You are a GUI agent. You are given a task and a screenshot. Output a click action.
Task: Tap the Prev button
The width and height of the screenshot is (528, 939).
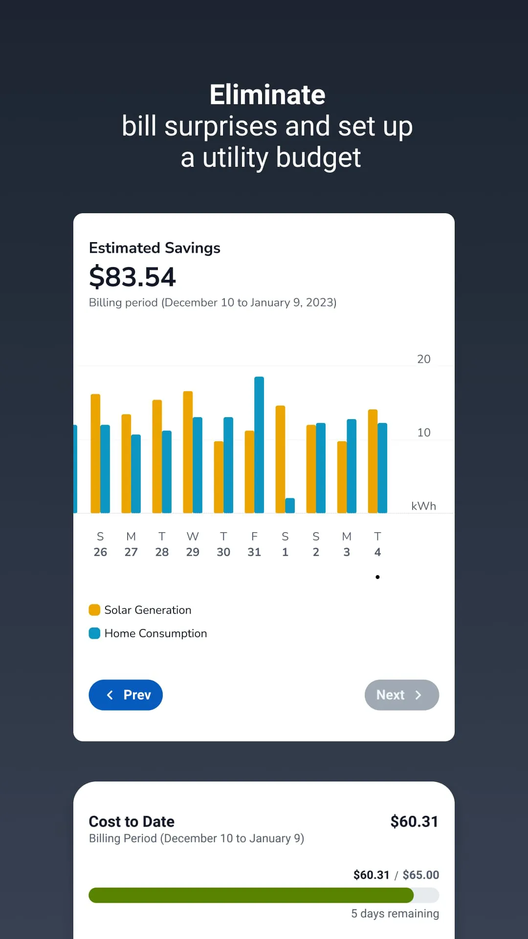tap(126, 695)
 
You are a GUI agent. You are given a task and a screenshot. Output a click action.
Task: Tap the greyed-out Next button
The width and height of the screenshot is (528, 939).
tap(401, 695)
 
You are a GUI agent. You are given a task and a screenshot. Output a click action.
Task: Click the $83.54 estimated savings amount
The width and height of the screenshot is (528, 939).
tap(132, 277)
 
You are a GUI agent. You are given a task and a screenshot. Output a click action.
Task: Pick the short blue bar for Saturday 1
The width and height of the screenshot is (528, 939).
tap(290, 505)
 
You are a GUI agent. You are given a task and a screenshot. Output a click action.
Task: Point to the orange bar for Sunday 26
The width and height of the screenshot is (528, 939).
tap(95, 453)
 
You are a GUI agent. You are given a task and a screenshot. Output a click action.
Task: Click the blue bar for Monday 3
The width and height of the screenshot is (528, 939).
tap(352, 466)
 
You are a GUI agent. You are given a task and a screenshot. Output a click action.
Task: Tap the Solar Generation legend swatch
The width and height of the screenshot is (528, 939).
tap(94, 610)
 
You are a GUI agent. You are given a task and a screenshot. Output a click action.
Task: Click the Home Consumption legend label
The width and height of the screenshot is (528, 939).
tap(155, 633)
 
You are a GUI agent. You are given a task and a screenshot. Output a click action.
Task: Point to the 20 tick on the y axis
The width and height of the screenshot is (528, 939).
tap(423, 359)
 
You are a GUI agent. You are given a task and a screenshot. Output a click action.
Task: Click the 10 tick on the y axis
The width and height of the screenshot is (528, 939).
tap(423, 432)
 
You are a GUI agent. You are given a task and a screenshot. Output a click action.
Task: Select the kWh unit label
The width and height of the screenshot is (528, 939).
tap(423, 506)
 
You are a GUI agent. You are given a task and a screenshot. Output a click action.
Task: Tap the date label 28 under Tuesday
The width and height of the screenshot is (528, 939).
tap(162, 552)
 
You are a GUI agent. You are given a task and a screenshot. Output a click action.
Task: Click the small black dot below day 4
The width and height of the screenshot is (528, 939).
tap(377, 577)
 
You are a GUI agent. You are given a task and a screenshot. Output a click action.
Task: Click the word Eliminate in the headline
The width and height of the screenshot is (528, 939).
tap(267, 94)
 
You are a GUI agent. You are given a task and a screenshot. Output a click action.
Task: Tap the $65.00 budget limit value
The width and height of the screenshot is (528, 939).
tap(420, 874)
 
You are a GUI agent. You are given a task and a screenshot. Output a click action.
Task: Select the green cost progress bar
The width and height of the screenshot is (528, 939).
tap(251, 895)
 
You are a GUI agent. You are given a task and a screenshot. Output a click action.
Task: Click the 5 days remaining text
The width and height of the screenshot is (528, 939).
tap(395, 914)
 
